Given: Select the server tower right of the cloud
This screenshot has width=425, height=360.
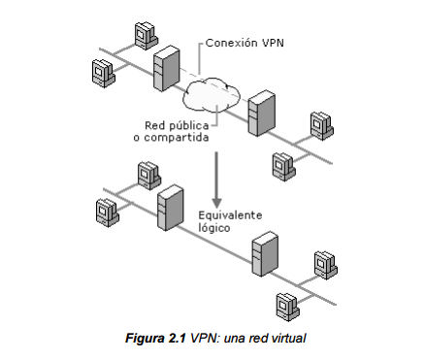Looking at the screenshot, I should (x=259, y=113).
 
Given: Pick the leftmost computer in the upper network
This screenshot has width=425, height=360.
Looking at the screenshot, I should (x=102, y=71).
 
